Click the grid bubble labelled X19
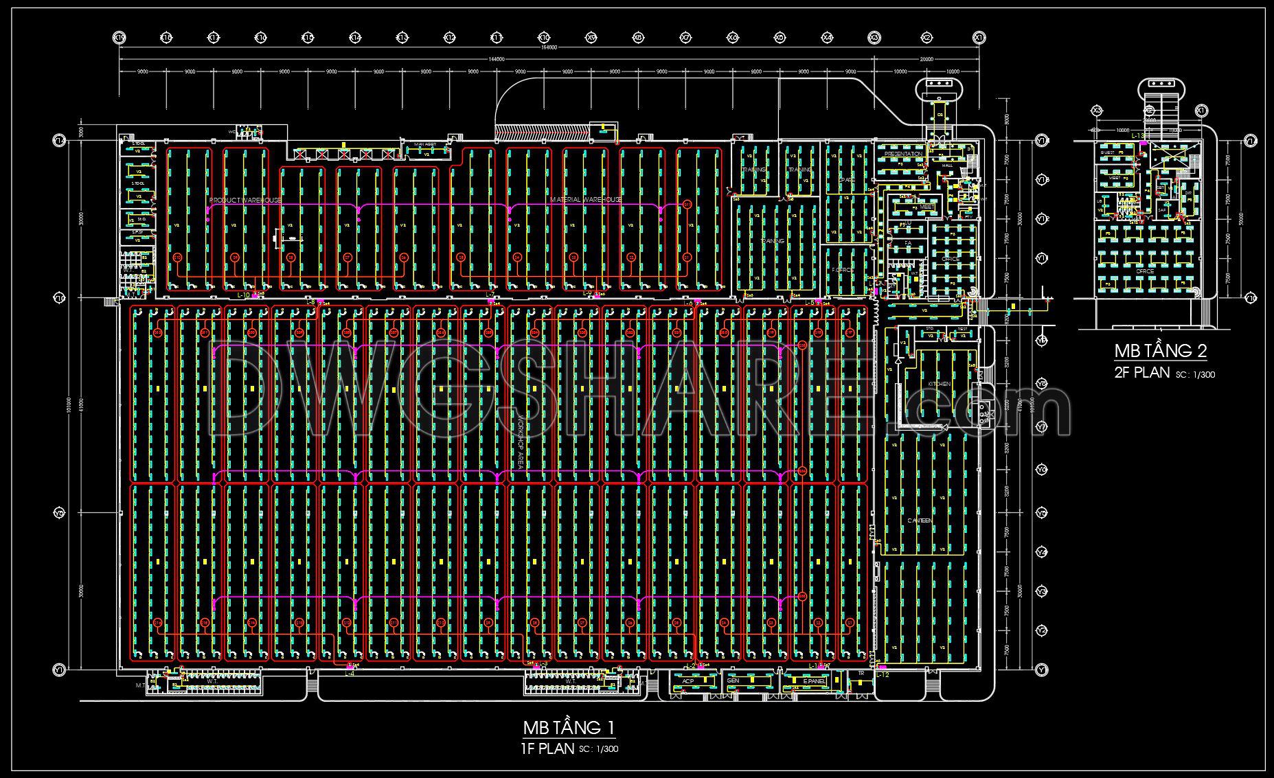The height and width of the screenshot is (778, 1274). point(119,37)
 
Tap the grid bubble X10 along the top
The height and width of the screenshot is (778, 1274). point(544,37)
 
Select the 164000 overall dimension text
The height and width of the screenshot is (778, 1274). point(547,48)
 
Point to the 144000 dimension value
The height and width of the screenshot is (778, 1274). point(496,59)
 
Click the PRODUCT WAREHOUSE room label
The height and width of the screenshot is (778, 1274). point(245,200)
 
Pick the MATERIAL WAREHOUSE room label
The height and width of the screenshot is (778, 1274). point(586,199)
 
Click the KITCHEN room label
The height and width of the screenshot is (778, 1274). point(939,384)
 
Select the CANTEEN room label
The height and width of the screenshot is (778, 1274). point(920,520)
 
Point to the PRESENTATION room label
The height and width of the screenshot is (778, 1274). point(902,155)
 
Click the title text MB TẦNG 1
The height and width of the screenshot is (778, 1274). point(569,727)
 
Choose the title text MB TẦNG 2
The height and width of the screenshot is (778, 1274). point(1160,352)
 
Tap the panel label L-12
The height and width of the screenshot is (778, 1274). point(883,675)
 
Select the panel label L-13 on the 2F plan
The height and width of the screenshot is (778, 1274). point(1138,136)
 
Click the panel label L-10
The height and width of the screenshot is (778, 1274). point(244,295)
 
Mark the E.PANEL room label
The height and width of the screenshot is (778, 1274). point(813,680)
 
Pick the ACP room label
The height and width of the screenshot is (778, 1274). point(687,680)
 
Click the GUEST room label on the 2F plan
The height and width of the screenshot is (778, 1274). point(1107,153)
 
